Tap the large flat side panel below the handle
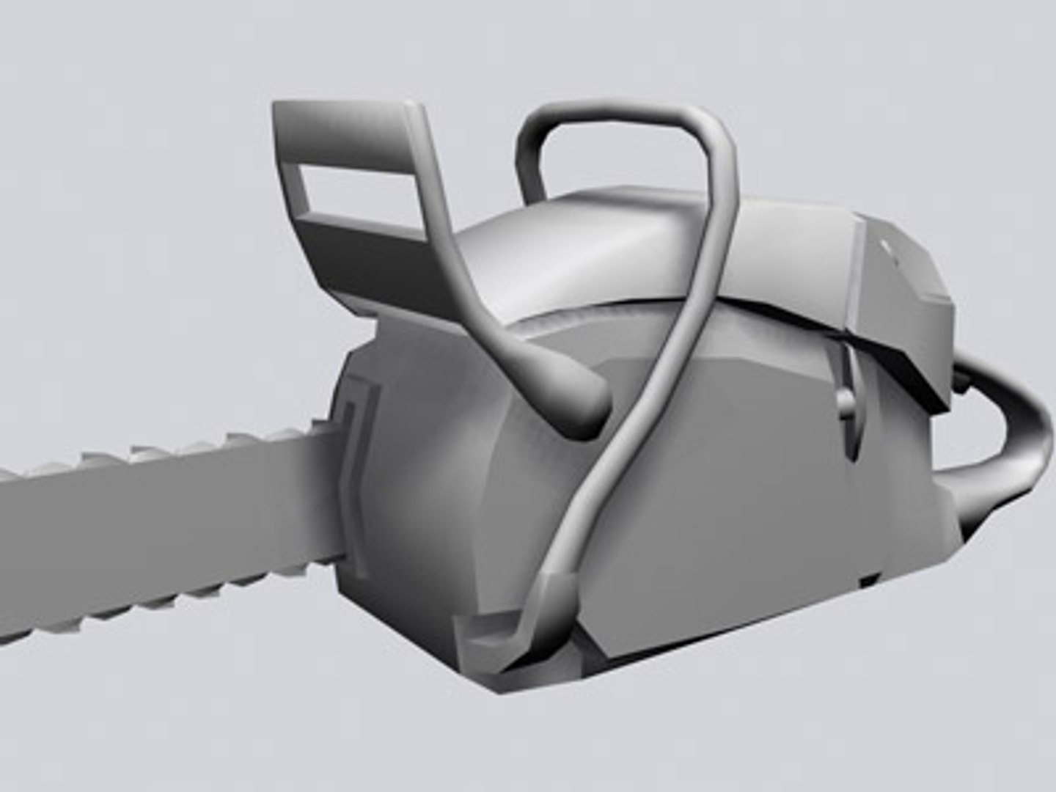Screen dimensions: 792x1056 coord(733,513)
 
